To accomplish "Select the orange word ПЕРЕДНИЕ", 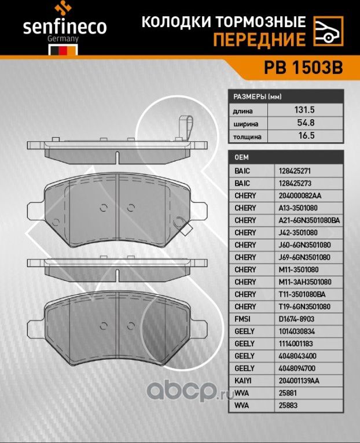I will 259,39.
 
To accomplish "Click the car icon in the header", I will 327,31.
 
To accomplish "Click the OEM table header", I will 241,157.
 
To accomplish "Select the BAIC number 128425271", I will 295,171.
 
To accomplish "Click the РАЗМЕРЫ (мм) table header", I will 256,97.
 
